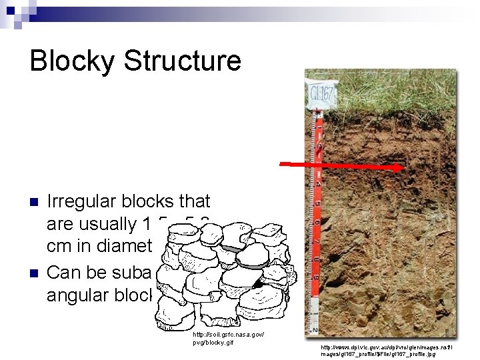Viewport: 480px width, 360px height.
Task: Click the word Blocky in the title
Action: pyautogui.click(x=75, y=61)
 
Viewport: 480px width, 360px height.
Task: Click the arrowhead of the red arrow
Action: pyautogui.click(x=398, y=168)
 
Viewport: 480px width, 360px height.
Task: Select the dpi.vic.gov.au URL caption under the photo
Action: pyautogui.click(x=387, y=351)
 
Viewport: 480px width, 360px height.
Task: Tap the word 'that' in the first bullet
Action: pyautogui.click(x=196, y=201)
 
